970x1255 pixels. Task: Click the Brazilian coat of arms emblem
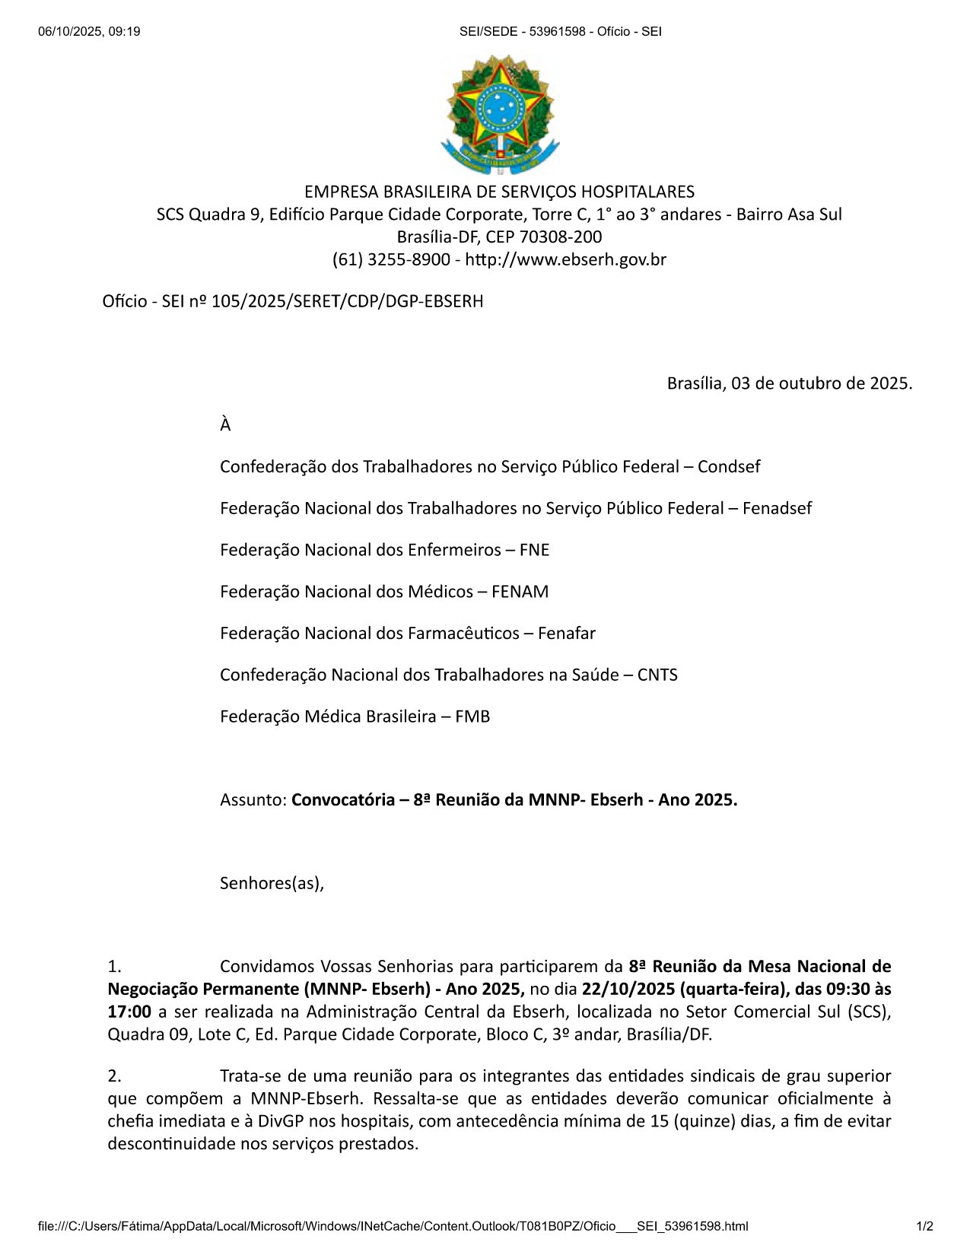point(500,114)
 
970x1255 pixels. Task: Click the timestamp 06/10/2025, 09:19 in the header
point(89,31)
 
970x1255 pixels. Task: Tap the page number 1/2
point(924,1225)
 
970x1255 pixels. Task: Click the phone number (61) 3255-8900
point(391,259)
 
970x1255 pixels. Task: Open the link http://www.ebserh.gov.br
point(565,259)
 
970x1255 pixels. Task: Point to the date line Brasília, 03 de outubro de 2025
point(789,383)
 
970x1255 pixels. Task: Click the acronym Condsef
point(728,466)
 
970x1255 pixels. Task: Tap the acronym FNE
point(534,550)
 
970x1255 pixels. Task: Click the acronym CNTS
point(657,675)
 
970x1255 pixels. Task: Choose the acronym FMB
point(472,716)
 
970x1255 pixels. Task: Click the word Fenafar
point(566,633)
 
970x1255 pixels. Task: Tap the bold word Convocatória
point(342,799)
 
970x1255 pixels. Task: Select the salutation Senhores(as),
point(272,883)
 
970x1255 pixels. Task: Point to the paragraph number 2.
point(114,1075)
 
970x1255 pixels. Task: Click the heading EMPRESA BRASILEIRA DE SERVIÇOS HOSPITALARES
point(499,191)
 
